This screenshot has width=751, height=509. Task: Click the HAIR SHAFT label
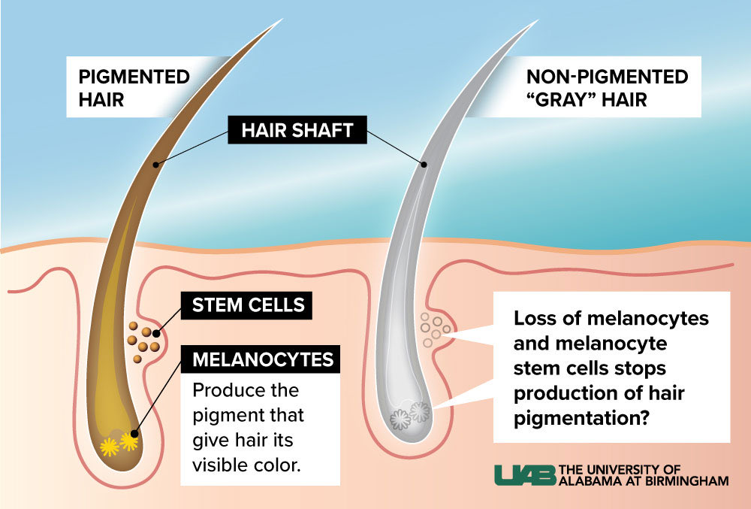point(297,131)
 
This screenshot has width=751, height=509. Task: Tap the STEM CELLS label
point(248,304)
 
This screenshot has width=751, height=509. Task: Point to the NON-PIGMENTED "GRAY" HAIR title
point(607,88)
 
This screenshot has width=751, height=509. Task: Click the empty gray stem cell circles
point(435,329)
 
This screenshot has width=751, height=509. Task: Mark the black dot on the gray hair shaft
point(424,164)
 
